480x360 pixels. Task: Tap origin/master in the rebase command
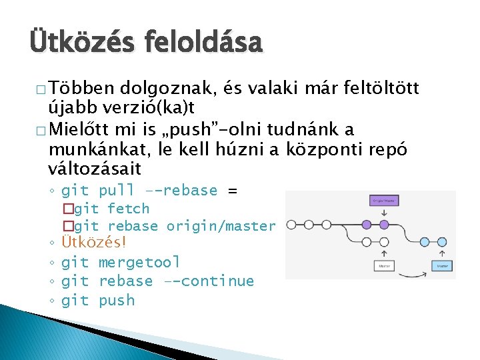click(x=221, y=226)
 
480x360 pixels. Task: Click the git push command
click(x=98, y=301)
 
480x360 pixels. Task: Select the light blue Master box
click(x=441, y=265)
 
